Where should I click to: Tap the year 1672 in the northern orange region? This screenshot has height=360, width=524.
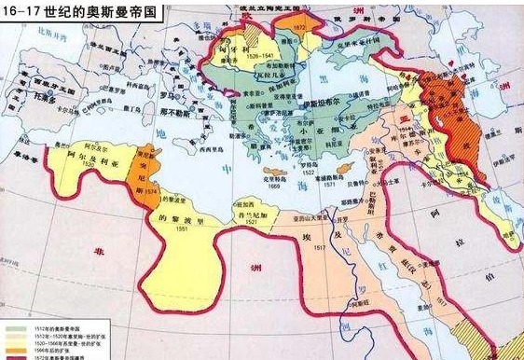tap(299, 29)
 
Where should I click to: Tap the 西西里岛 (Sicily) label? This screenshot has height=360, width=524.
tap(193, 148)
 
